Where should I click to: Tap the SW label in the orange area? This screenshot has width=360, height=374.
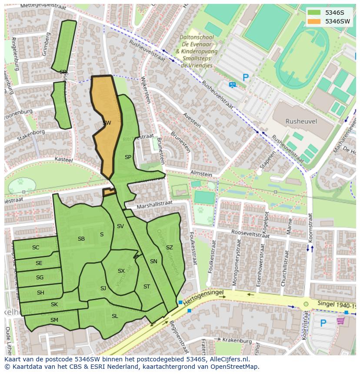click(x=107, y=123)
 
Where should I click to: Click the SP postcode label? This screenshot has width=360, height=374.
click(x=128, y=157)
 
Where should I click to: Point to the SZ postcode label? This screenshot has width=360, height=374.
click(x=170, y=248)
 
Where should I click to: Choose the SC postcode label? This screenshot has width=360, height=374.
click(x=36, y=248)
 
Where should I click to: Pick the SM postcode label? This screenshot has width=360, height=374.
click(x=54, y=320)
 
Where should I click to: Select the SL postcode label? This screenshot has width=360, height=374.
click(x=115, y=316)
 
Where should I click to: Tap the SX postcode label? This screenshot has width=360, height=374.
click(x=121, y=271)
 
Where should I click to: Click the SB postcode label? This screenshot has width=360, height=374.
click(x=81, y=239)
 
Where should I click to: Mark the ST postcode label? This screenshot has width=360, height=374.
click(x=147, y=287)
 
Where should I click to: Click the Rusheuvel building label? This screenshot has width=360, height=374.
click(x=301, y=122)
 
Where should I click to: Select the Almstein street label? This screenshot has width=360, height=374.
click(x=201, y=174)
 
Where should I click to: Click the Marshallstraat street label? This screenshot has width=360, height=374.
click(x=154, y=204)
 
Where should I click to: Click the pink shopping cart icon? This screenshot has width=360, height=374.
click(x=340, y=321)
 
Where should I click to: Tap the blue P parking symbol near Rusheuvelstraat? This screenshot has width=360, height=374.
click(x=246, y=78)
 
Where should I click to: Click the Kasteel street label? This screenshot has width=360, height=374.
click(x=63, y=160)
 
